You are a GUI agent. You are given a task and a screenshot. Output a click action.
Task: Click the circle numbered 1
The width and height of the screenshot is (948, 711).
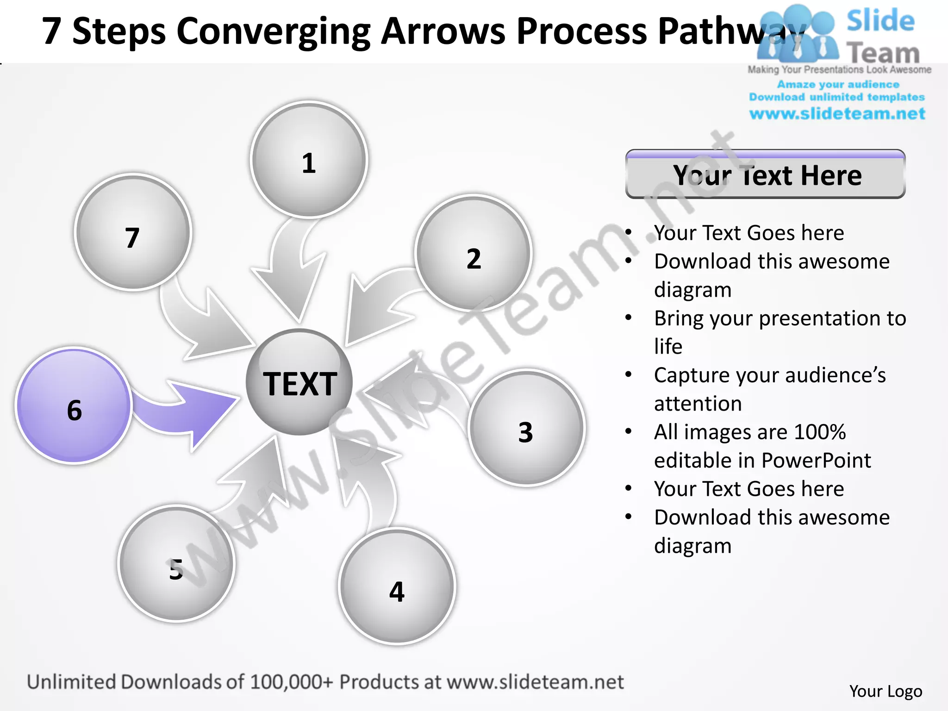309,160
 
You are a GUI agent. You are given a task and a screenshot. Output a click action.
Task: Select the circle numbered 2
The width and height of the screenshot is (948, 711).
473,253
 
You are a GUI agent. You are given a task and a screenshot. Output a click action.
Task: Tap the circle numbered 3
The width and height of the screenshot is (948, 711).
526,428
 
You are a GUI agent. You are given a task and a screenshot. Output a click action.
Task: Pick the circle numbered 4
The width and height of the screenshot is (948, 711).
397,586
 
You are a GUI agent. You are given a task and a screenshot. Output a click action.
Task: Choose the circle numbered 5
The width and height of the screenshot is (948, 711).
176,563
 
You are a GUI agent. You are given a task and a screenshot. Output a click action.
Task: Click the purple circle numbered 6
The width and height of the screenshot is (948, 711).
74,405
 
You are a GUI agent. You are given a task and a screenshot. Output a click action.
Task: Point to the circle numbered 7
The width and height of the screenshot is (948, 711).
133,232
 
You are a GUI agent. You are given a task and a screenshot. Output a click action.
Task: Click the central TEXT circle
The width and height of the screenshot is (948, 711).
299,382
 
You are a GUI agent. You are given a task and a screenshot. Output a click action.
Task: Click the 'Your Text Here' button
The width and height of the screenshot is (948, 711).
765,175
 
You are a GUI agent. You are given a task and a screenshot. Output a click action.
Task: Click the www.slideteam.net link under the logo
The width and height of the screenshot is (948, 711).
837,114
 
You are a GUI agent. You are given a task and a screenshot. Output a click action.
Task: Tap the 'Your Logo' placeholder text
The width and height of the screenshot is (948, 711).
886,691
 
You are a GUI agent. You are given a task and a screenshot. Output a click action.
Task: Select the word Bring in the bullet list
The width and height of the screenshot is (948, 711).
679,318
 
